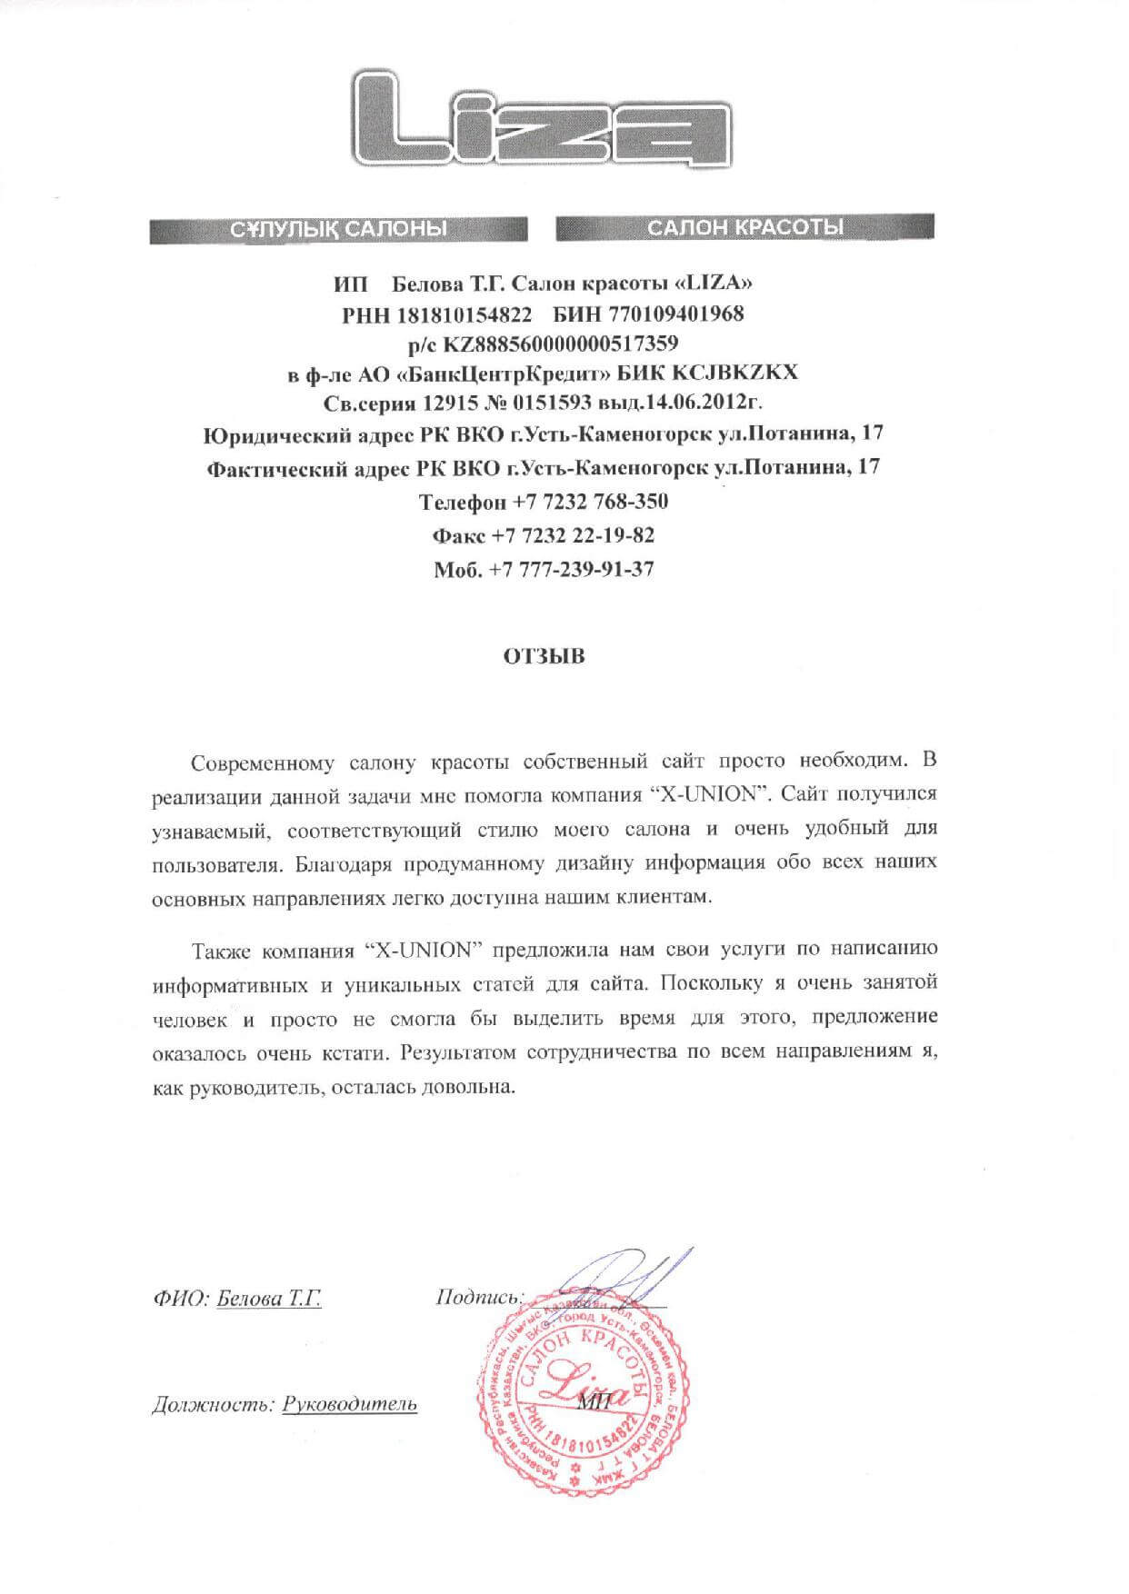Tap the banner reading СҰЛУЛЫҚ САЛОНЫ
[338, 228]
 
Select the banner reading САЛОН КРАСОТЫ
[744, 227]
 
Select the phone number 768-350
[626, 502]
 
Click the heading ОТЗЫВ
[545, 655]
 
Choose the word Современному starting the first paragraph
[259, 760]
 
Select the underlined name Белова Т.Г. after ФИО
[269, 1299]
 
